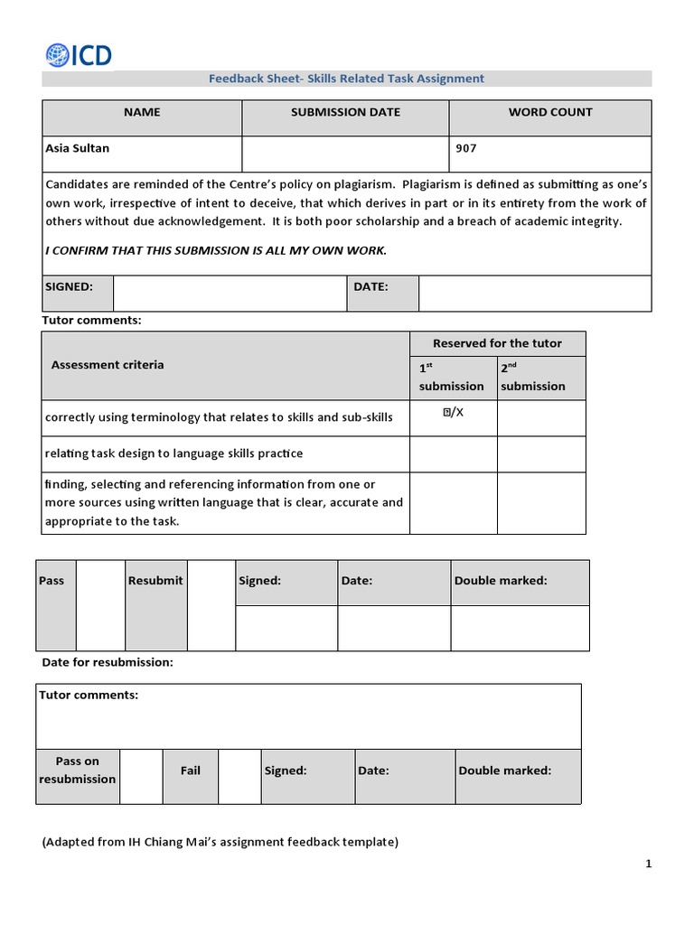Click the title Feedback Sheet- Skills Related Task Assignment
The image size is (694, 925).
click(346, 79)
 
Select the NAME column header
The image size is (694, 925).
click(142, 113)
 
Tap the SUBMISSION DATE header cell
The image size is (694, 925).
click(345, 113)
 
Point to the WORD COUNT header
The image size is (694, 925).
click(549, 113)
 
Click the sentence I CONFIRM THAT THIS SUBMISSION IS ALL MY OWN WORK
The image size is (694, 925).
click(216, 250)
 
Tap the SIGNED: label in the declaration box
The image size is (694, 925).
click(70, 286)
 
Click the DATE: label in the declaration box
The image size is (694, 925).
click(370, 286)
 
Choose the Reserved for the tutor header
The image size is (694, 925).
click(497, 343)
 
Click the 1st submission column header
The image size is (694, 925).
click(451, 378)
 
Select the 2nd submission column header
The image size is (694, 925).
click(532, 378)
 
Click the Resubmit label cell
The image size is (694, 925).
click(155, 581)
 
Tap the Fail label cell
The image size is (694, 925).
click(191, 771)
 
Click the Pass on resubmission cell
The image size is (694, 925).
click(78, 771)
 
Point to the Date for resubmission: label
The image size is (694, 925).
click(108, 662)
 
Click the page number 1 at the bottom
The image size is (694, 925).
click(648, 864)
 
